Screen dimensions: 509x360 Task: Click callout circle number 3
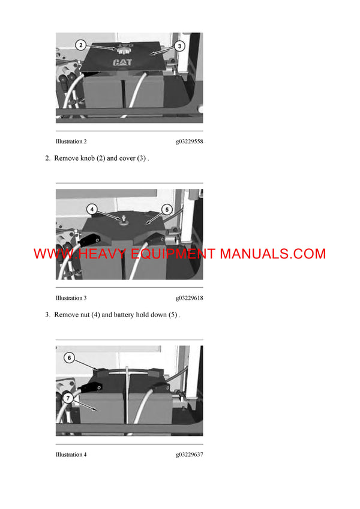(x=180, y=46)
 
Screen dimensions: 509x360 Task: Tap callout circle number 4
(x=92, y=209)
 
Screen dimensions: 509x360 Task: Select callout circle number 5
(x=167, y=209)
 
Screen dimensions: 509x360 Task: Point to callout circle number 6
(x=70, y=357)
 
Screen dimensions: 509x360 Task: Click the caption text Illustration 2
(x=71, y=141)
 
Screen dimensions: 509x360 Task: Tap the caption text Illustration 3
(x=71, y=298)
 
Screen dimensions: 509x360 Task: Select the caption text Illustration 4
(x=71, y=454)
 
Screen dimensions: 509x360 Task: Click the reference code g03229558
(x=189, y=141)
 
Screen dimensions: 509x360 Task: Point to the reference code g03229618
(x=189, y=298)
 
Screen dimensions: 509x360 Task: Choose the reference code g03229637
(x=189, y=454)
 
